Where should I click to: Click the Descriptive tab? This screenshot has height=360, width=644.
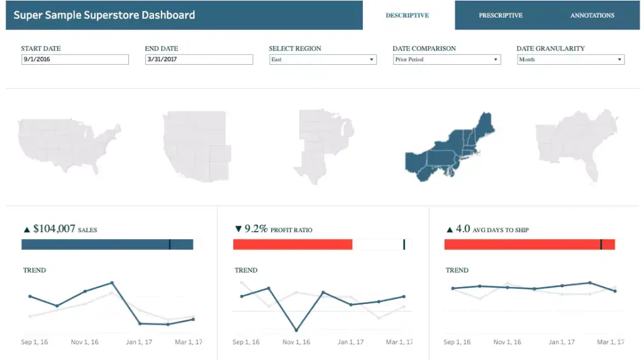click(x=408, y=15)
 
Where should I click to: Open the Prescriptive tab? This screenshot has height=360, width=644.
click(x=500, y=15)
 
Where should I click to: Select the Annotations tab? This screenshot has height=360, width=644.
click(x=592, y=15)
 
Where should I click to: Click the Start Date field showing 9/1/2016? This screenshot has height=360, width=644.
click(x=74, y=59)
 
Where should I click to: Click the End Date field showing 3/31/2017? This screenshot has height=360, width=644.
click(x=198, y=59)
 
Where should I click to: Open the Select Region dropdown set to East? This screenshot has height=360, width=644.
click(x=322, y=59)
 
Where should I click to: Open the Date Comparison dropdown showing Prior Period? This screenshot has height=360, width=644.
click(x=446, y=59)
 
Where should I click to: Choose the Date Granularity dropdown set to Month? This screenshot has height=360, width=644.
click(x=570, y=59)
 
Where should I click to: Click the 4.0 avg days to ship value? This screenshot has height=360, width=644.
click(x=462, y=229)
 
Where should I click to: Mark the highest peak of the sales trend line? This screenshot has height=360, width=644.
click(x=112, y=283)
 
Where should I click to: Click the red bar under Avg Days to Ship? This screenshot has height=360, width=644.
click(x=522, y=244)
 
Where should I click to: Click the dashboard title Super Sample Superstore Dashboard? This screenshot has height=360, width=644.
click(x=104, y=15)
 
